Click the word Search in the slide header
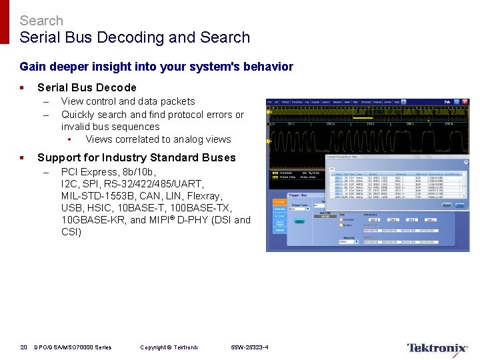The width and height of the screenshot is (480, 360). coord(41,21)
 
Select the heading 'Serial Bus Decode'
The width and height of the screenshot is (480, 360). coord(87,87)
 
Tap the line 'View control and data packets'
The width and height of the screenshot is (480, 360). coord(128,101)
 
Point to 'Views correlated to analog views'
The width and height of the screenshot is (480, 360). coord(158,139)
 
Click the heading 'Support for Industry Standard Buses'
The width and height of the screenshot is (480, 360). coord(137,157)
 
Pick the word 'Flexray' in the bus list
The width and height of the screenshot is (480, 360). coord(203,196)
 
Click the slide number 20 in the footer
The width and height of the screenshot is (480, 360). coord(23,347)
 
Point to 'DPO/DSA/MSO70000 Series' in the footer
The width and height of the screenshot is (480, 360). coord(73,347)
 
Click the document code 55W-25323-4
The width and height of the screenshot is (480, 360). coord(249,347)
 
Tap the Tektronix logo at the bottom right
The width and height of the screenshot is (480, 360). coord(437,348)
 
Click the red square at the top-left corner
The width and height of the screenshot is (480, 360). coord(5,22)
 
